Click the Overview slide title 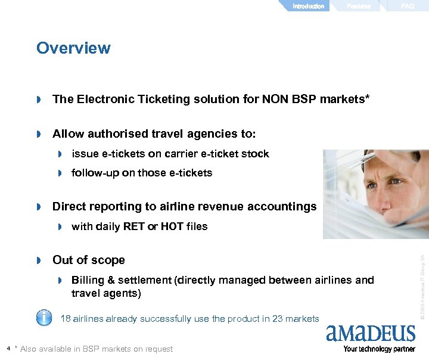(73, 48)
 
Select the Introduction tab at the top (308, 6)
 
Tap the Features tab (359, 6)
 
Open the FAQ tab (408, 6)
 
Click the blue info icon (44, 317)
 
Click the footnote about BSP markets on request (94, 349)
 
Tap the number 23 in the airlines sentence (278, 319)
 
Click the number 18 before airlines (66, 319)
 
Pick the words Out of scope (89, 260)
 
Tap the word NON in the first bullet (275, 99)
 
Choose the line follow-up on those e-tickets (142, 173)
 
